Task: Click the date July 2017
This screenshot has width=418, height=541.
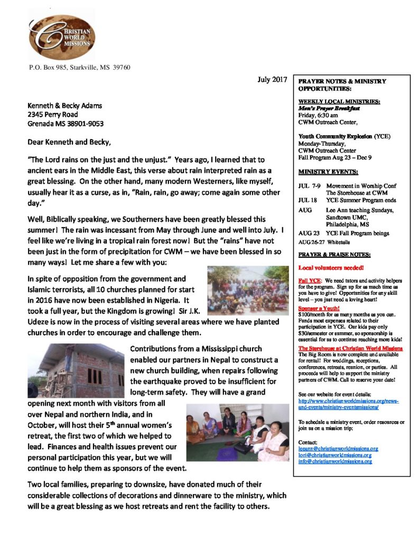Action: pos(272,80)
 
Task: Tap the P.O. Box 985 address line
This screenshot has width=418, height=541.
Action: pos(79,67)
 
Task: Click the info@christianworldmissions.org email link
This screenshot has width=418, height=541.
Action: pos(335,461)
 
